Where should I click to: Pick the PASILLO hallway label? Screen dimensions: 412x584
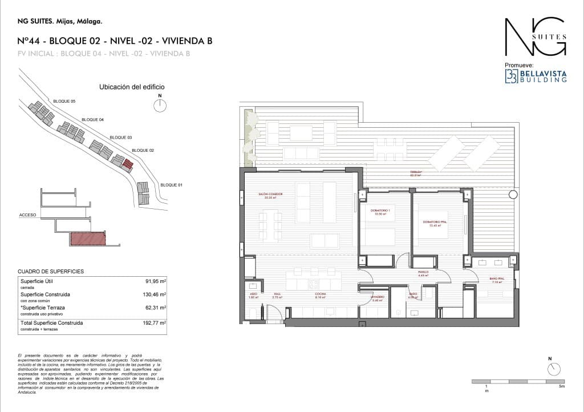423,273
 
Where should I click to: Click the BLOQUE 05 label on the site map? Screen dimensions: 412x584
64,101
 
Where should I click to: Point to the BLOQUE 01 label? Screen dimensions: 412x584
172,185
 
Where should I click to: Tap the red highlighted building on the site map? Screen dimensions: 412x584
128,165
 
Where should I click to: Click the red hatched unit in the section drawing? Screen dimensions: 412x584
88,239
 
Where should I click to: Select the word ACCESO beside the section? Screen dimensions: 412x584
27,215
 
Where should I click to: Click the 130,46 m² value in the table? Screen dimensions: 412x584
155,294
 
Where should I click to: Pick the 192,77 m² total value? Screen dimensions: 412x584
155,323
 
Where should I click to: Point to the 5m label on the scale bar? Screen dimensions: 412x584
562,387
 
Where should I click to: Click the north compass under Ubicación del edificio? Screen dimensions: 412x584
160,105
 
